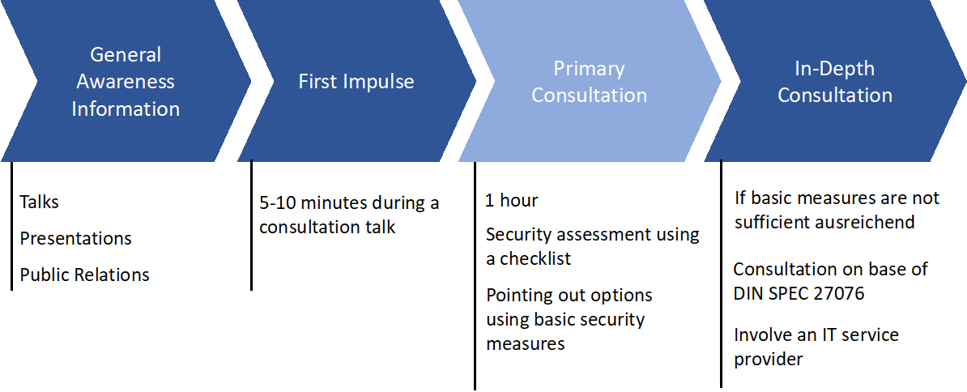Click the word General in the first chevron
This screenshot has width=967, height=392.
tap(126, 55)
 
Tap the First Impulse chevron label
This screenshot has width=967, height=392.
tap(356, 82)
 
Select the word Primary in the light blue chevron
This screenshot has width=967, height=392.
tap(590, 68)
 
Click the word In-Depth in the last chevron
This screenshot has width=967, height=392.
tap(835, 68)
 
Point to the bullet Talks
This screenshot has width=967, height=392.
tap(40, 202)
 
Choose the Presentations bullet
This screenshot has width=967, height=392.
tap(76, 238)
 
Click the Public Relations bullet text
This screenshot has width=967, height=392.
tap(84, 275)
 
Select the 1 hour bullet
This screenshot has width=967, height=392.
tap(511, 201)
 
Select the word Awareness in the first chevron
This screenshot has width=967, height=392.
tap(126, 81)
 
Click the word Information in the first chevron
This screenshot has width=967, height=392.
tap(126, 109)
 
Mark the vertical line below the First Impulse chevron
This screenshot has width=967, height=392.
tap(251, 225)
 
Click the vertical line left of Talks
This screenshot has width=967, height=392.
tap(11, 226)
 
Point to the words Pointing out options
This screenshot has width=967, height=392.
tap(569, 296)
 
